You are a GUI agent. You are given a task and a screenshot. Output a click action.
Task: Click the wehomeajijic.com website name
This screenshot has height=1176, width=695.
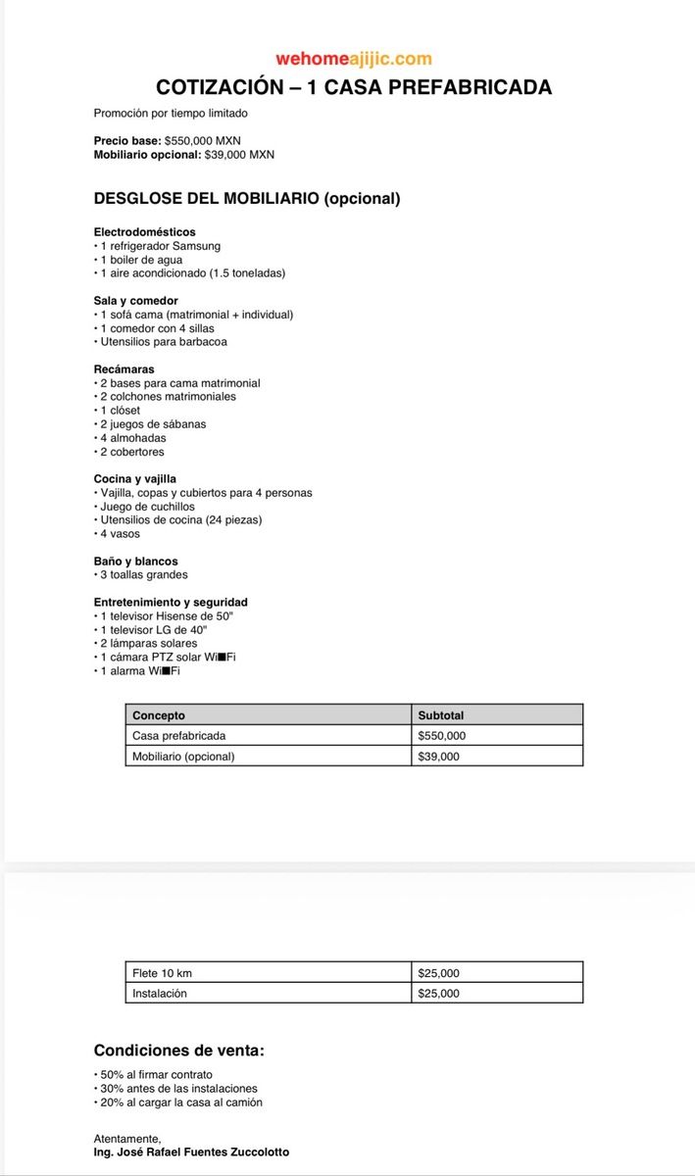point(354,60)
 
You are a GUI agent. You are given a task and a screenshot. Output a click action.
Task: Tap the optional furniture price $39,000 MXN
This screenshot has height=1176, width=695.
point(239,155)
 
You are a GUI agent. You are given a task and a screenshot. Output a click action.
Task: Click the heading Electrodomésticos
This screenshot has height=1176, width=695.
point(144,232)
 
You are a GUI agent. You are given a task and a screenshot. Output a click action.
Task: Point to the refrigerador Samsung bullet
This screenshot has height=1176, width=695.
point(160,246)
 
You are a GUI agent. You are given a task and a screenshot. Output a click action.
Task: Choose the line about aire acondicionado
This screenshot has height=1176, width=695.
point(192,273)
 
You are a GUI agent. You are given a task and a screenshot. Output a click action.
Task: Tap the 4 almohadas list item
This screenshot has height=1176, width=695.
point(133,438)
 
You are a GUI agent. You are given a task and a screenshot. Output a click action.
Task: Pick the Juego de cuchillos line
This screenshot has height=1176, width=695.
point(147,507)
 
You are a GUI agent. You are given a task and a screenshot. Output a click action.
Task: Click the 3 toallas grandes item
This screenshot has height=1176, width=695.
point(143,575)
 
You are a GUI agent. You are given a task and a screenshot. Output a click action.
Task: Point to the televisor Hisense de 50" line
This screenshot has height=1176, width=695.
point(167,616)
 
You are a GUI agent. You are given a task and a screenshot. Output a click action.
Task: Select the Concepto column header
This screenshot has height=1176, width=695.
point(159,715)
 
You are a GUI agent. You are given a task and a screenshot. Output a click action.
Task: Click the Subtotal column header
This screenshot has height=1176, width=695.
point(441,715)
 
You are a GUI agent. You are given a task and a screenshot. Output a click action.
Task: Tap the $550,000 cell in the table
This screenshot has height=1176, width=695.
point(441,736)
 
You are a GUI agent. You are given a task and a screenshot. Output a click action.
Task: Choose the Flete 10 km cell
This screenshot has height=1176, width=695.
point(162,973)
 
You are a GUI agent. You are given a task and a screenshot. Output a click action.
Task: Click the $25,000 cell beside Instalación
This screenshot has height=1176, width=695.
point(438,994)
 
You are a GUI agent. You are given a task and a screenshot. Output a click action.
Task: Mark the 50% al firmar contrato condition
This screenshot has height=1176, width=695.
point(156,1075)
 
